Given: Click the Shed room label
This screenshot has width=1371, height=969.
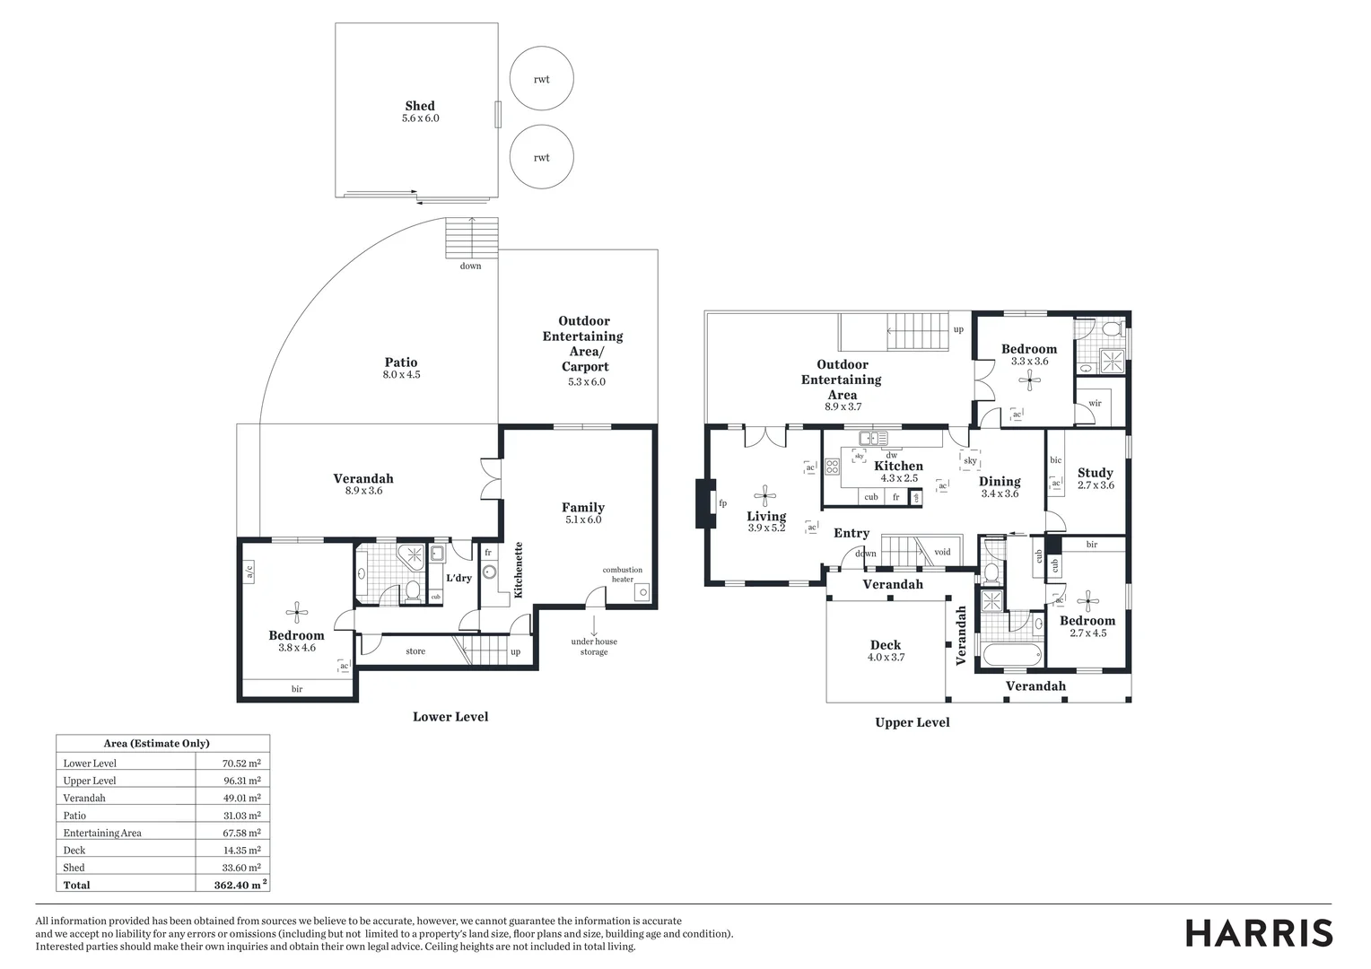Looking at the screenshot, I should [420, 106].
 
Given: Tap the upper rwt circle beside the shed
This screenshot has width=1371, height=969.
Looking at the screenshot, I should [541, 79].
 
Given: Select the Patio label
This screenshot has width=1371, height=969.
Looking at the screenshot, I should [401, 362].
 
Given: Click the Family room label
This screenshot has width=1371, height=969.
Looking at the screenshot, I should [583, 508].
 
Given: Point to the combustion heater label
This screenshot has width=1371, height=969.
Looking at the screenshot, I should [622, 574].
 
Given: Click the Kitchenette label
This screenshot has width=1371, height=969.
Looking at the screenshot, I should [518, 570].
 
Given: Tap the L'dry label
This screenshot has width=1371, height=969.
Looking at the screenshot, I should [458, 578].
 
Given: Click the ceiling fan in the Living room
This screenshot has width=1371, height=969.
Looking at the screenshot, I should [765, 493].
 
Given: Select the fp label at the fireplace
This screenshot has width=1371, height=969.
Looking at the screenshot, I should [722, 502].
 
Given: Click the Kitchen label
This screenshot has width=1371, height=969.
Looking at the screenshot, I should [898, 467].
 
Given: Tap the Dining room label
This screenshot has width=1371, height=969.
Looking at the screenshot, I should [1000, 482].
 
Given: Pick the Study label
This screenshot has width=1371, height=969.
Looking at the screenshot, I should [1095, 473].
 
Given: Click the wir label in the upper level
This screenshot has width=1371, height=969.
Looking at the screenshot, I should [1095, 404].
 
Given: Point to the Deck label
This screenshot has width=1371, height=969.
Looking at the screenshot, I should [886, 645].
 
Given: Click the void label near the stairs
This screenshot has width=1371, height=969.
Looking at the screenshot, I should [942, 552].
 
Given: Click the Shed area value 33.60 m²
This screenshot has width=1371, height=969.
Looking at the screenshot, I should [241, 868].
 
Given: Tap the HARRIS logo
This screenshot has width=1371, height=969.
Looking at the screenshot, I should [1259, 932].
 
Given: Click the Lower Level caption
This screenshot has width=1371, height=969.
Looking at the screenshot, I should [450, 717].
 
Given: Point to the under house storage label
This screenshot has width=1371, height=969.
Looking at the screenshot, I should [594, 646].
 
